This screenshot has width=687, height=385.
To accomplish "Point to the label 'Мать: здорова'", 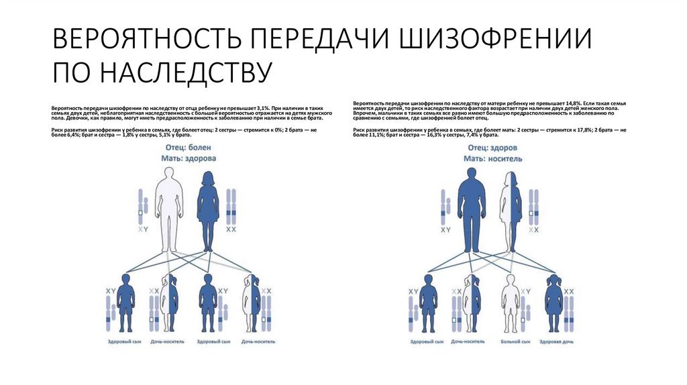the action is pyautogui.click(x=189, y=158).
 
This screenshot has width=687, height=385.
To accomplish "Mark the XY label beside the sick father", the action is pyautogui.click(x=143, y=229).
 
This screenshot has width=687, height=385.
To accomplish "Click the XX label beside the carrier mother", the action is pyautogui.click(x=535, y=229).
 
